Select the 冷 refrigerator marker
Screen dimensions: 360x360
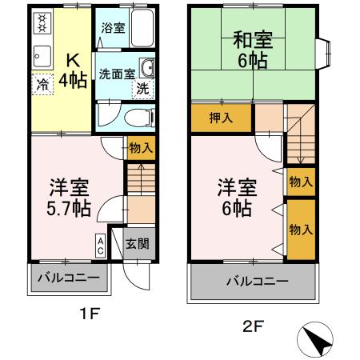[40, 82]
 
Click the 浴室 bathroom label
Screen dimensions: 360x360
[112, 27]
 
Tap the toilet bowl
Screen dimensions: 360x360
[137, 118]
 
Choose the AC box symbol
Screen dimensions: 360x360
[101, 244]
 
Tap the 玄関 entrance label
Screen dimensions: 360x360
[137, 243]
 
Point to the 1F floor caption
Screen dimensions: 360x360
[89, 314]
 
